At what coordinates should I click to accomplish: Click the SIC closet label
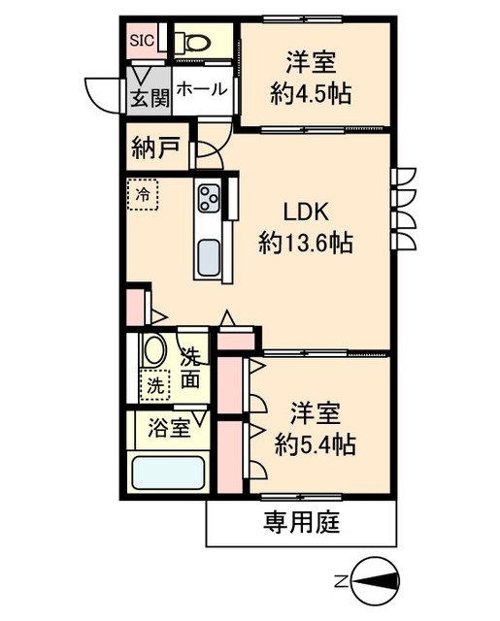point(142,40)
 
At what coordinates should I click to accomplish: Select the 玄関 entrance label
point(150,97)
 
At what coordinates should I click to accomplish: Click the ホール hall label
point(202,89)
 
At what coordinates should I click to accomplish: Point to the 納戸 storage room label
point(155,147)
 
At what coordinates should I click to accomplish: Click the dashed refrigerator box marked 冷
point(143,194)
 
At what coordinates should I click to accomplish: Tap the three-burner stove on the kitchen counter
point(208,197)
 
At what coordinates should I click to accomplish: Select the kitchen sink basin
point(209,257)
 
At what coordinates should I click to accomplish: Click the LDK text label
point(306,212)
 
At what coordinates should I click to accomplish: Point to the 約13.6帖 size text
point(306,243)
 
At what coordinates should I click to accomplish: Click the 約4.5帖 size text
point(311,94)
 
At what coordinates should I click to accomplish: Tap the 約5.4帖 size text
point(316,444)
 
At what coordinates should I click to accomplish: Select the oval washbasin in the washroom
point(155,349)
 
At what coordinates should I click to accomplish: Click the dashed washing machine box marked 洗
point(155,385)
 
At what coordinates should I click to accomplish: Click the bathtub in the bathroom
point(168,473)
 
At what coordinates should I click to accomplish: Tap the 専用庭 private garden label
point(302,522)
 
